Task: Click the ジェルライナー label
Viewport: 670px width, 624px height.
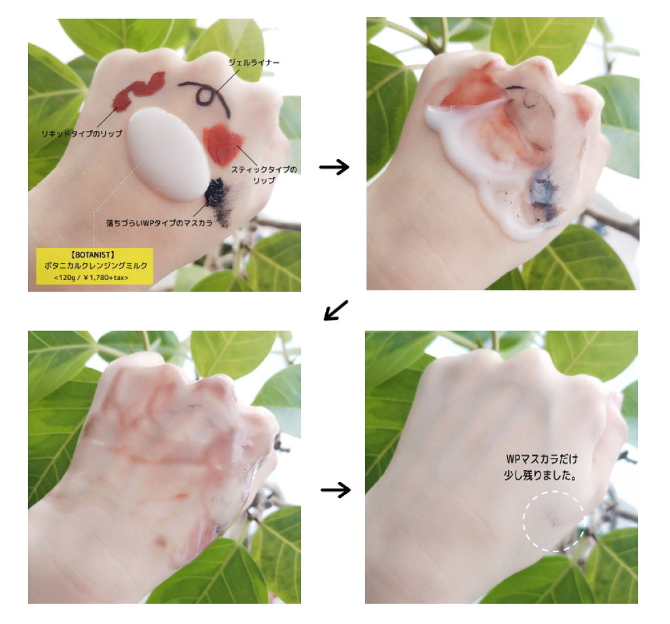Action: pyautogui.click(x=254, y=63)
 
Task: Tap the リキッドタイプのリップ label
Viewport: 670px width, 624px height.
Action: pyautogui.click(x=82, y=133)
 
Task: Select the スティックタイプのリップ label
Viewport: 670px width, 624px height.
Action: pyautogui.click(x=264, y=175)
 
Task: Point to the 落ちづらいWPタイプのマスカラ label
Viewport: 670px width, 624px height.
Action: pyautogui.click(x=160, y=223)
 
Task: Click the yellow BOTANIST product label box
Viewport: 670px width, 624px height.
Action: pyautogui.click(x=94, y=266)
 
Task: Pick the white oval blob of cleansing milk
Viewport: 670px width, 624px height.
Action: pyautogui.click(x=169, y=154)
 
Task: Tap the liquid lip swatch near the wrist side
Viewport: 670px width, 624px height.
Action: pyautogui.click(x=139, y=90)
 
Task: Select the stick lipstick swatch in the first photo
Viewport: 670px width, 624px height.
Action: pyautogui.click(x=222, y=145)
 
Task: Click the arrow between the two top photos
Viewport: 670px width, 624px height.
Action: pyautogui.click(x=334, y=166)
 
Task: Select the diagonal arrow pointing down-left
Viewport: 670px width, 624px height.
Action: pyautogui.click(x=336, y=309)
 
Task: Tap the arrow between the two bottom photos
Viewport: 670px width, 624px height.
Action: pyautogui.click(x=336, y=489)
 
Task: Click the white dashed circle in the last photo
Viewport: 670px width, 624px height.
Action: pyautogui.click(x=554, y=492)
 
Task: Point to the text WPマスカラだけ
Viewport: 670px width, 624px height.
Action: pyautogui.click(x=542, y=459)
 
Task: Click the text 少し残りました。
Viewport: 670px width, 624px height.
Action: pyautogui.click(x=540, y=476)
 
